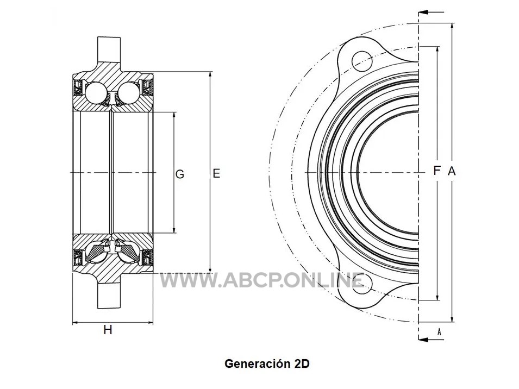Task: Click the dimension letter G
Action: click(x=180, y=174)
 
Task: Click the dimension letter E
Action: click(x=216, y=173)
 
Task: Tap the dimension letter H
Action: click(x=108, y=330)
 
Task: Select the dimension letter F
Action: click(x=437, y=171)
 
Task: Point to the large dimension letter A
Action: click(x=452, y=171)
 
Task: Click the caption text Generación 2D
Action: click(x=267, y=363)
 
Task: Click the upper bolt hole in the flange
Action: click(x=362, y=61)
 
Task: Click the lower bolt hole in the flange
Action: click(x=360, y=284)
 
